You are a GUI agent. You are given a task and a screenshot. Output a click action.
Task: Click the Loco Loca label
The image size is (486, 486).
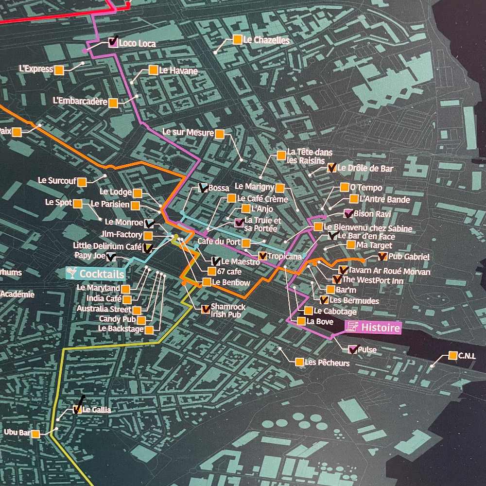137,44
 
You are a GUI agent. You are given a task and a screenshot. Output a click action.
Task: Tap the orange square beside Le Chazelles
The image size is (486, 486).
237,40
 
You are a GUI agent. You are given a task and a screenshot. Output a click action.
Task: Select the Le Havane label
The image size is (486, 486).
178,71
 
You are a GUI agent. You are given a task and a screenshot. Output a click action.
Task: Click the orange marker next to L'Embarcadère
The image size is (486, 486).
113,103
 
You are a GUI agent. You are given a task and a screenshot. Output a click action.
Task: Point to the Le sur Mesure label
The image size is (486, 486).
188,132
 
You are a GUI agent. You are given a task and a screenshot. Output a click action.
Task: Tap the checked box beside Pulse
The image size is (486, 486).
354,349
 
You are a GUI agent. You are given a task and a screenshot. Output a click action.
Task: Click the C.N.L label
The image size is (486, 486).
467,356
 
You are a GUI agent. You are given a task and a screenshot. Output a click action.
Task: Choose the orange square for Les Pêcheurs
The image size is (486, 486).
299,362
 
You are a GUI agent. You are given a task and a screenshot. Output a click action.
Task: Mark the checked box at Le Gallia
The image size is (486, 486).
77,409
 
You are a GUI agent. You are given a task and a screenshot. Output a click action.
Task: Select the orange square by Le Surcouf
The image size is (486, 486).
82,182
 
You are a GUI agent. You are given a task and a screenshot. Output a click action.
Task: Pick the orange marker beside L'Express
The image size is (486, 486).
59,70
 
